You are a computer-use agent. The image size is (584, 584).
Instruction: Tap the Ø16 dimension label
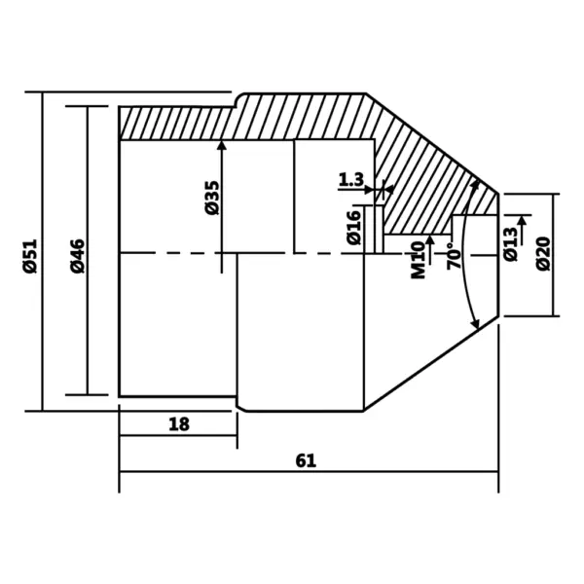352,226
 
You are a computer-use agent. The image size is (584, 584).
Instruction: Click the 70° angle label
453,256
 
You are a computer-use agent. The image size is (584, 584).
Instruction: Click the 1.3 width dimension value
351,179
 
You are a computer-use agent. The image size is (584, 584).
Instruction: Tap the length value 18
178,424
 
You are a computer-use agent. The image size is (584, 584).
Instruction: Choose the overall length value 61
306,460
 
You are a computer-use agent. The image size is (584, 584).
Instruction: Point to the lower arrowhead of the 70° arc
476,323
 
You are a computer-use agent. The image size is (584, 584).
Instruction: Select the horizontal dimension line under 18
178,437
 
